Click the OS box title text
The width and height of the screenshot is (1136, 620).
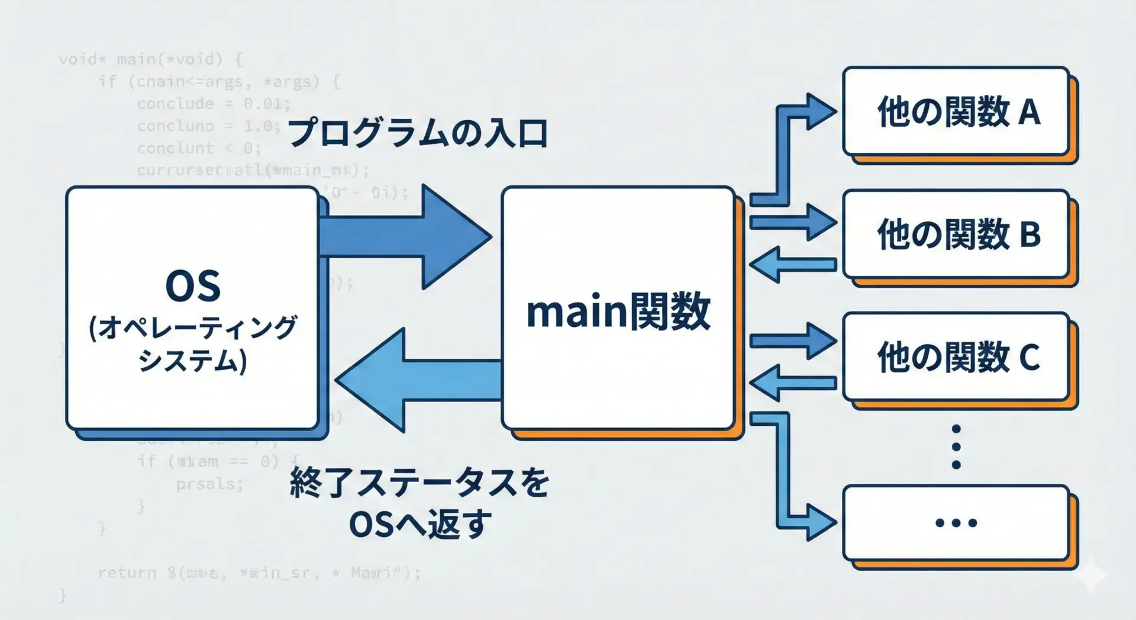point(193,286)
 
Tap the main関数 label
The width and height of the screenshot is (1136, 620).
point(618,311)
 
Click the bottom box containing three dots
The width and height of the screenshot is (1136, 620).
point(956,523)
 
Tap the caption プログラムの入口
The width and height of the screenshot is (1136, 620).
point(418,133)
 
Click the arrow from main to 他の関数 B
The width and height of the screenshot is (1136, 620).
point(793,222)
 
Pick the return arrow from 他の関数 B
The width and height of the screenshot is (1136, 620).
point(793,264)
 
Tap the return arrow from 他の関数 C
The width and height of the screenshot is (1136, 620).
point(793,383)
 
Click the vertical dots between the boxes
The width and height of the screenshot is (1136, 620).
point(956,447)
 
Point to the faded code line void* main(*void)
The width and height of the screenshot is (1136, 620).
point(150,59)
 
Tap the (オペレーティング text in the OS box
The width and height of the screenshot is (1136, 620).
point(193,327)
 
